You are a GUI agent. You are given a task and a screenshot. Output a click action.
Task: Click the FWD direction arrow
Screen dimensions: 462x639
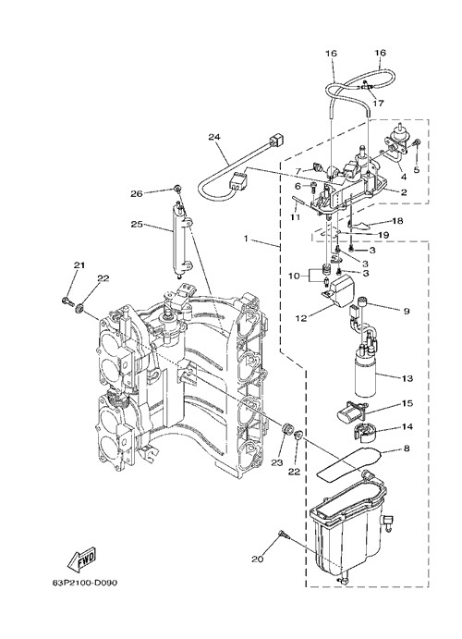82,558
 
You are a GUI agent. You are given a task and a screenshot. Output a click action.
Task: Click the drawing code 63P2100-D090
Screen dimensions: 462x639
85,584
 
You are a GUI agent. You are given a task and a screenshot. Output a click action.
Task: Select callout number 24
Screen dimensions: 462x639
214,138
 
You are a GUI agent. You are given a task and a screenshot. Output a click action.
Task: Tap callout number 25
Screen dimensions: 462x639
137,224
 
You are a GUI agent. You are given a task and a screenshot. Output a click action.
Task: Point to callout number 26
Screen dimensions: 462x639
137,194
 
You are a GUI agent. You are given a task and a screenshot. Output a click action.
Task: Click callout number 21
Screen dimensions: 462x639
79,265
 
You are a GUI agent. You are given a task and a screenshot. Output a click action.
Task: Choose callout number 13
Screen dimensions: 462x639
407,378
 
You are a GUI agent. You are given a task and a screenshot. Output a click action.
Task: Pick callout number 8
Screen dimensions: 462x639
406,449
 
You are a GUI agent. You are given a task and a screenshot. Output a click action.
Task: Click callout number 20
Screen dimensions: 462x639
257,559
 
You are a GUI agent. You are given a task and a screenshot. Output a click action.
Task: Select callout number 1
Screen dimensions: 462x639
246,239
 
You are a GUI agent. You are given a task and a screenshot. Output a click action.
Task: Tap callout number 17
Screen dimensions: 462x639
378,104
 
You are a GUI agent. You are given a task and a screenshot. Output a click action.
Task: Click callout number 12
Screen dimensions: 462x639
301,319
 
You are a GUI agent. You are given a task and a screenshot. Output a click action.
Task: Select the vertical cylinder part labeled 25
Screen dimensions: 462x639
180,240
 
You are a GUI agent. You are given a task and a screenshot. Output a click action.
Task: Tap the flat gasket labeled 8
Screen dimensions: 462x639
348,464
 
